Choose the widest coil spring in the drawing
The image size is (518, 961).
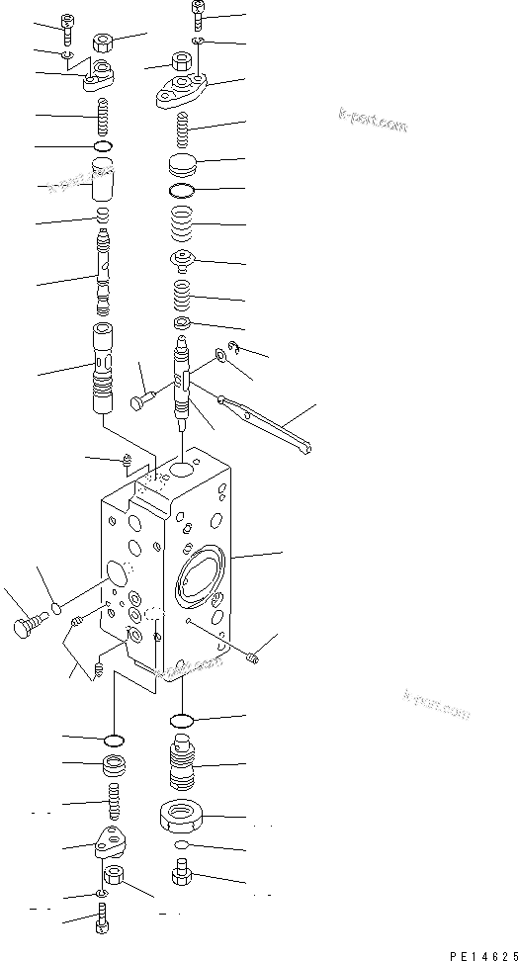[182, 226]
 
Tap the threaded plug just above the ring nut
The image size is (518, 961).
[183, 763]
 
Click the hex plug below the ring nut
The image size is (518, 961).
[182, 874]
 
